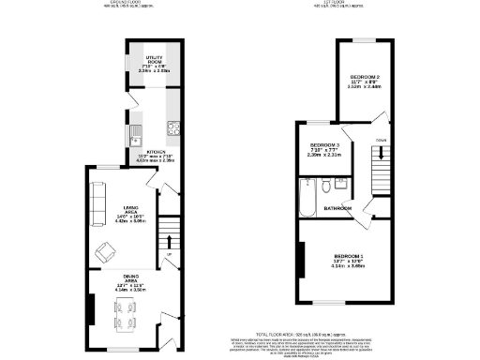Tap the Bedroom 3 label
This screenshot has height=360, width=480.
coord(325,145)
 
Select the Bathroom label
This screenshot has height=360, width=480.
coord(338,208)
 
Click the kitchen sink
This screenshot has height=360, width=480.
coord(135,129)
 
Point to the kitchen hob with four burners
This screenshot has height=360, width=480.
coord(173,128)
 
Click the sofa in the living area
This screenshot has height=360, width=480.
coord(97,204)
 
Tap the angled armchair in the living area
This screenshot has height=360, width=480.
coord(108,251)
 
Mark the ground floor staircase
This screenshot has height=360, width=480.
coord(168,230)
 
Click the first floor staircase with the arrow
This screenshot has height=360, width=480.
coord(379,173)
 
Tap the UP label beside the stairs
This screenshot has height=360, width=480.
coord(169,254)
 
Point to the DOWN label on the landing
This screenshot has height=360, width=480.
coord(379,140)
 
